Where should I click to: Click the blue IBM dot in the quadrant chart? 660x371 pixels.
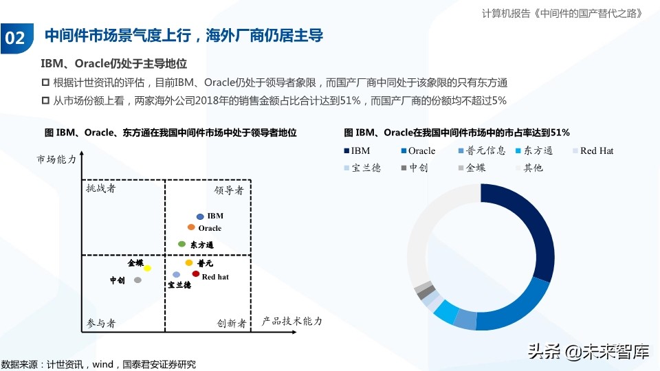200,216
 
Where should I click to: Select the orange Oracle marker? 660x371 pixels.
191,227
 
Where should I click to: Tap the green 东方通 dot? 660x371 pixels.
182,244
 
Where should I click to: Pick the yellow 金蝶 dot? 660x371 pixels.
147,267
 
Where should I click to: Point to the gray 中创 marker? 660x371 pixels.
137,280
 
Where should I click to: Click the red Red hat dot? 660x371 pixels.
196,274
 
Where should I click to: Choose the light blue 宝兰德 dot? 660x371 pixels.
177,275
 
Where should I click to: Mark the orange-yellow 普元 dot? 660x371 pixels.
189,262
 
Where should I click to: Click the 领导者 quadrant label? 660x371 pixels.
229,190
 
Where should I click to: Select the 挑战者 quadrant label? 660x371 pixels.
101,188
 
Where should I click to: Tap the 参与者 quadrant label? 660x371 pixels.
101,323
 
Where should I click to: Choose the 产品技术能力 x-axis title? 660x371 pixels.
292,321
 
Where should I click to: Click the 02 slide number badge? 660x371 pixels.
15,37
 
